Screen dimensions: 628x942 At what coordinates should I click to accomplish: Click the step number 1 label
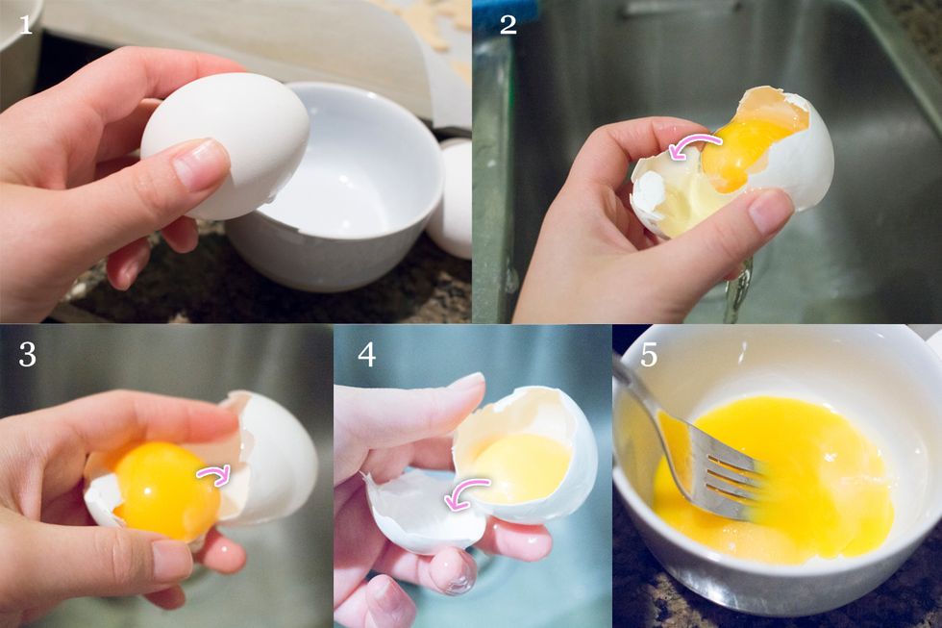(26, 23)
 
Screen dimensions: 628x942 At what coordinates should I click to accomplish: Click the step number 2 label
(508, 24)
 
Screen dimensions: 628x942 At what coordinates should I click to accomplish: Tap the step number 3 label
(27, 354)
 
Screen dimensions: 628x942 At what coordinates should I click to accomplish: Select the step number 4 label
(366, 354)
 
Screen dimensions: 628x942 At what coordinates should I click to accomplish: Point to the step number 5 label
(649, 354)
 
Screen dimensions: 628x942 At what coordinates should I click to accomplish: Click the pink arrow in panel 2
(694, 146)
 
